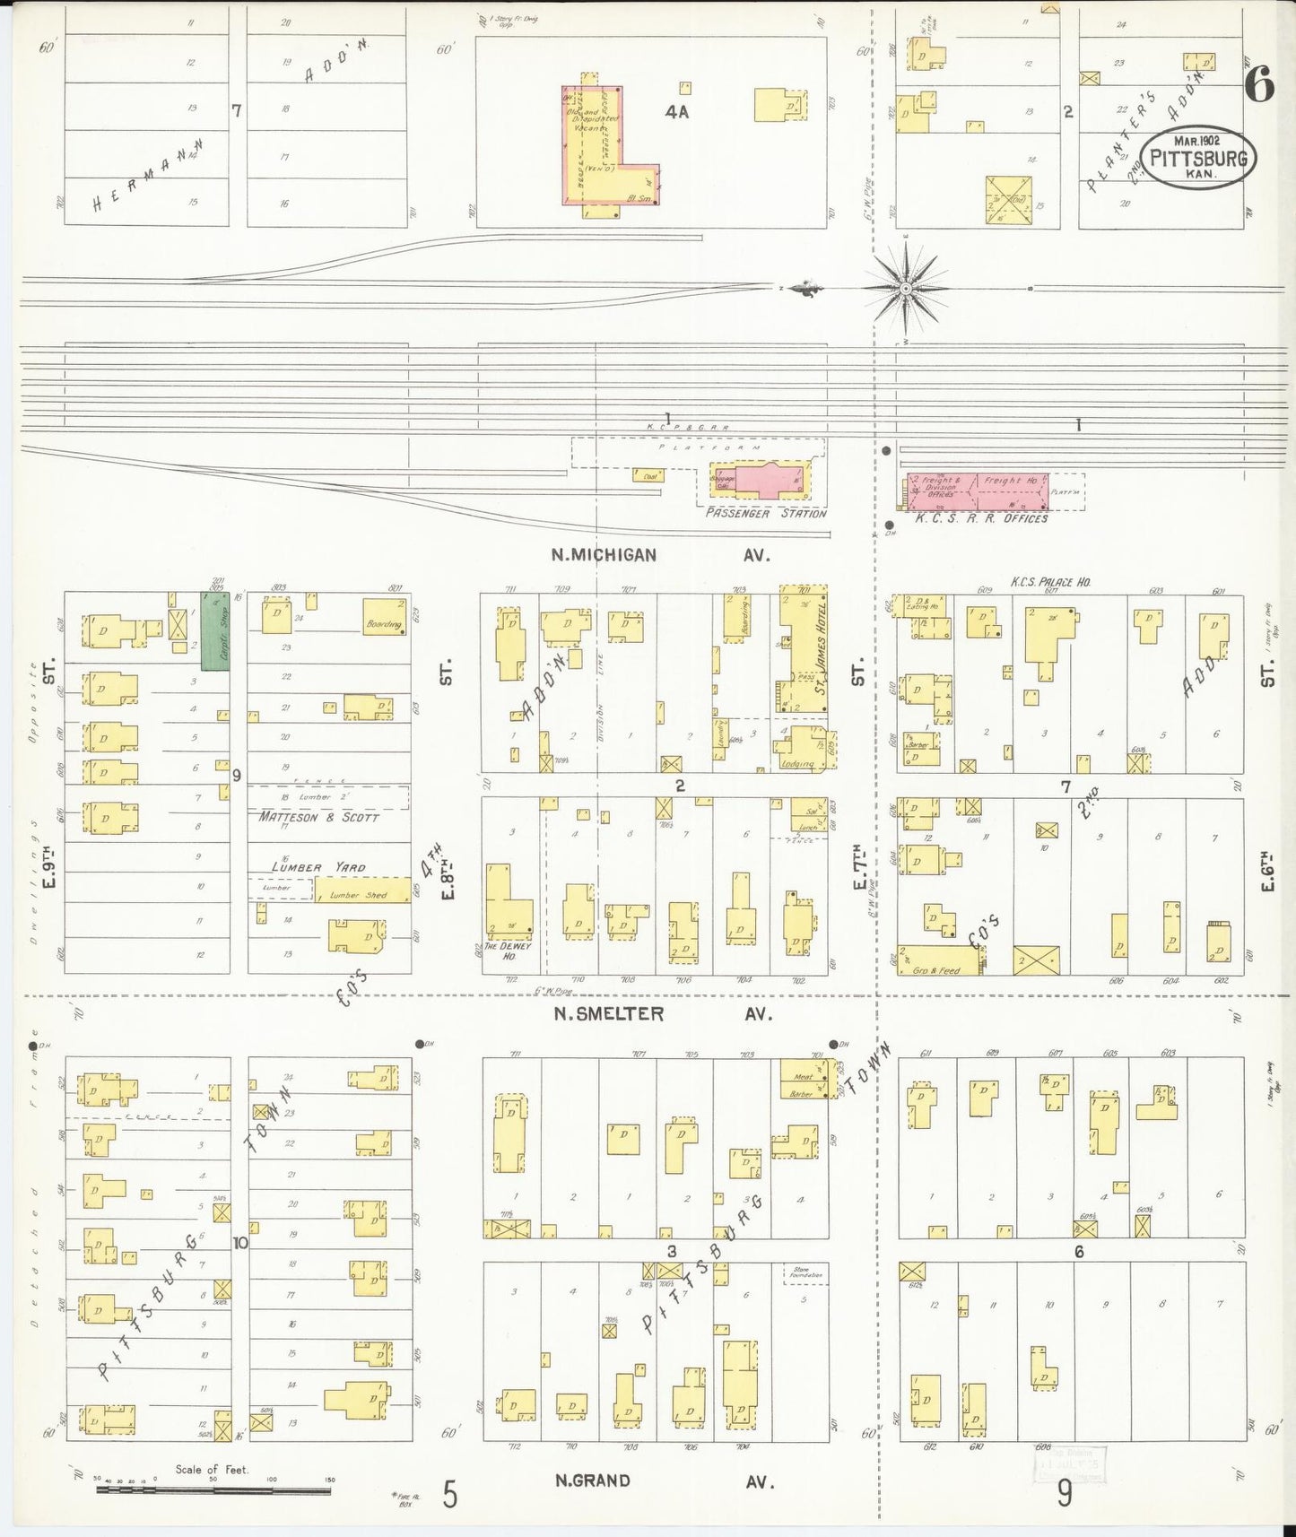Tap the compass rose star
point(906,289)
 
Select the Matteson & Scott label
point(319,818)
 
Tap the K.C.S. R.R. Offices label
point(981,518)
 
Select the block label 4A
point(676,113)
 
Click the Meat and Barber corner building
point(804,1079)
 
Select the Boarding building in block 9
point(386,616)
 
